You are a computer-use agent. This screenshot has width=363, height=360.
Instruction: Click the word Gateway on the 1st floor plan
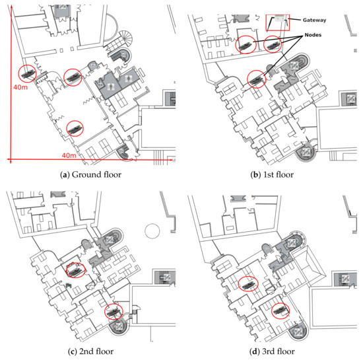click(314, 20)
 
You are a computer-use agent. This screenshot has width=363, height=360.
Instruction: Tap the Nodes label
click(313, 35)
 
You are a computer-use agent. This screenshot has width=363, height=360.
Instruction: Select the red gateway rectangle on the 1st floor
click(278, 22)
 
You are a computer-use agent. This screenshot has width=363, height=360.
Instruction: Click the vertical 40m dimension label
click(20, 87)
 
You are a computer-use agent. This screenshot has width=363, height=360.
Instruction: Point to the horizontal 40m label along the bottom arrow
click(69, 155)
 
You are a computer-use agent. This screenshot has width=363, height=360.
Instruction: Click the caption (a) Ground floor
click(90, 174)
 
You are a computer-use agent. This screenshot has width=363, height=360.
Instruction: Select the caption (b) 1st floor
click(272, 174)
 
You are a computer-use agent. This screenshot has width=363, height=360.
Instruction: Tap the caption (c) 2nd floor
click(91, 351)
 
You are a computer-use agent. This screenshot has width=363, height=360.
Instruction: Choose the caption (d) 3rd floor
click(272, 351)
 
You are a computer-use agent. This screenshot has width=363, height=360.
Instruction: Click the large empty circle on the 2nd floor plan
click(152, 231)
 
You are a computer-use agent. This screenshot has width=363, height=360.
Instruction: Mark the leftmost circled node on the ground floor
click(27, 73)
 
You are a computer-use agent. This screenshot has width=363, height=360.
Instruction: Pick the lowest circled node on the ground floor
click(75, 128)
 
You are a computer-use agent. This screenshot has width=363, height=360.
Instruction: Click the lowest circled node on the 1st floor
click(256, 79)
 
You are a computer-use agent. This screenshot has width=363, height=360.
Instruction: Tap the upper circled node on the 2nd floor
click(76, 270)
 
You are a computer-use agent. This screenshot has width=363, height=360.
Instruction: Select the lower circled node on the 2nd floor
click(114, 312)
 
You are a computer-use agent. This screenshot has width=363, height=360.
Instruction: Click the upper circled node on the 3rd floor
click(248, 284)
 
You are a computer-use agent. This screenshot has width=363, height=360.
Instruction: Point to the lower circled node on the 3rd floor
click(280, 310)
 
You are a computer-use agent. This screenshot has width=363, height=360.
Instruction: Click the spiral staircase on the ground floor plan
click(127, 37)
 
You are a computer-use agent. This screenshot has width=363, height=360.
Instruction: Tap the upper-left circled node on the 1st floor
click(246, 45)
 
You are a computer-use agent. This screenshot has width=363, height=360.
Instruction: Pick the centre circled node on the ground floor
click(73, 77)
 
